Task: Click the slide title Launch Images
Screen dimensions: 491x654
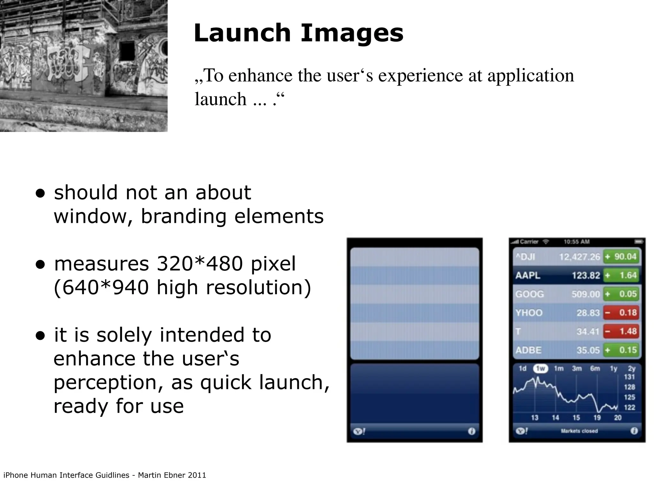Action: [x=299, y=33]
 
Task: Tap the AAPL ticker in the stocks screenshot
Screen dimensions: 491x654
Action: [x=528, y=275]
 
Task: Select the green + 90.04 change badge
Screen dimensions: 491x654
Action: [x=621, y=257]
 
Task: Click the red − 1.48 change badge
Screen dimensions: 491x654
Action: [x=621, y=331]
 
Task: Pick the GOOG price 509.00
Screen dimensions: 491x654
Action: [x=586, y=294]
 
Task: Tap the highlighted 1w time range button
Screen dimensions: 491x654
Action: [x=540, y=369]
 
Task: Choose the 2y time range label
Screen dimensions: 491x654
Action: [x=632, y=369]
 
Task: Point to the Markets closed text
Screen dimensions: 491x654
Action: [x=579, y=431]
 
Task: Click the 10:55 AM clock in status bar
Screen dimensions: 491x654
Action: [x=576, y=242]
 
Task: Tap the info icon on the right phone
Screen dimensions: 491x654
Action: [x=634, y=431]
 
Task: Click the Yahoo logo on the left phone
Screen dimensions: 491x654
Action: [x=359, y=432]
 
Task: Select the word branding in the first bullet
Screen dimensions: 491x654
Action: [x=184, y=216]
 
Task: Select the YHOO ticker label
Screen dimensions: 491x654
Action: [x=529, y=313]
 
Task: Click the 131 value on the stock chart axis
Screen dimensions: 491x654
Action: [x=629, y=377]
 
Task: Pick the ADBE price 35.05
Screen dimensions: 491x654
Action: [x=588, y=350]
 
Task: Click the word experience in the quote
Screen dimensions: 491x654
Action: [x=421, y=76]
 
